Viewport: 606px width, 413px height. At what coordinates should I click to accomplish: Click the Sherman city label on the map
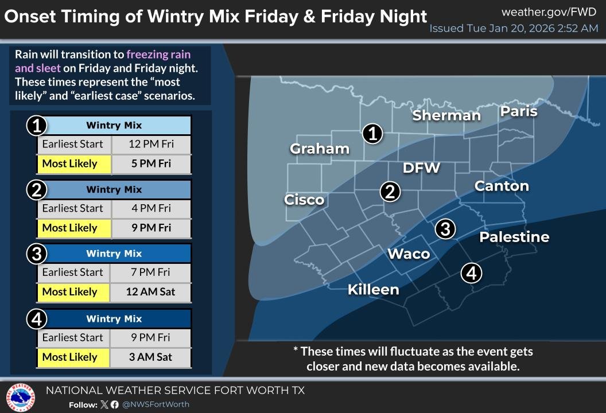446,115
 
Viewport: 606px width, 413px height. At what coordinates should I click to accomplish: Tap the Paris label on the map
519,111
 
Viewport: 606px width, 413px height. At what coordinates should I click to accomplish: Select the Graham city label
320,149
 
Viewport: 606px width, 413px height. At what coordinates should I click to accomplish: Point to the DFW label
421,167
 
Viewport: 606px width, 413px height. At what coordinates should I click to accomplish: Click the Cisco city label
304,200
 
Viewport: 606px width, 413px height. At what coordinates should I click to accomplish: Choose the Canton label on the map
502,186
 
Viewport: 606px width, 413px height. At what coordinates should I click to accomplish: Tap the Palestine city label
514,237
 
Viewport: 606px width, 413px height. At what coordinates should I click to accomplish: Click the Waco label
409,254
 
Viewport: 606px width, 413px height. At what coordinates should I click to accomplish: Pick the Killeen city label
373,290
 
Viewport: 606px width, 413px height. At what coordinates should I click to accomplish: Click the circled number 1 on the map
372,134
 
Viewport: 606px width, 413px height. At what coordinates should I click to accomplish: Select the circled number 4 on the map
471,273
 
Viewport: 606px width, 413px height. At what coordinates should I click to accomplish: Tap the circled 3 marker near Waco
445,229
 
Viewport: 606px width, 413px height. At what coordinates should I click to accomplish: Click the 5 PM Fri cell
151,163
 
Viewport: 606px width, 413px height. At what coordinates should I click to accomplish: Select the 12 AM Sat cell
151,292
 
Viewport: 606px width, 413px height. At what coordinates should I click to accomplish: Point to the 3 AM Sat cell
151,357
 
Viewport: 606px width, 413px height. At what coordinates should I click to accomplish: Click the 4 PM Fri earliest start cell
151,208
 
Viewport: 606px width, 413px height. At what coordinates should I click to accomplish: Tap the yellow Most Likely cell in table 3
70,292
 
